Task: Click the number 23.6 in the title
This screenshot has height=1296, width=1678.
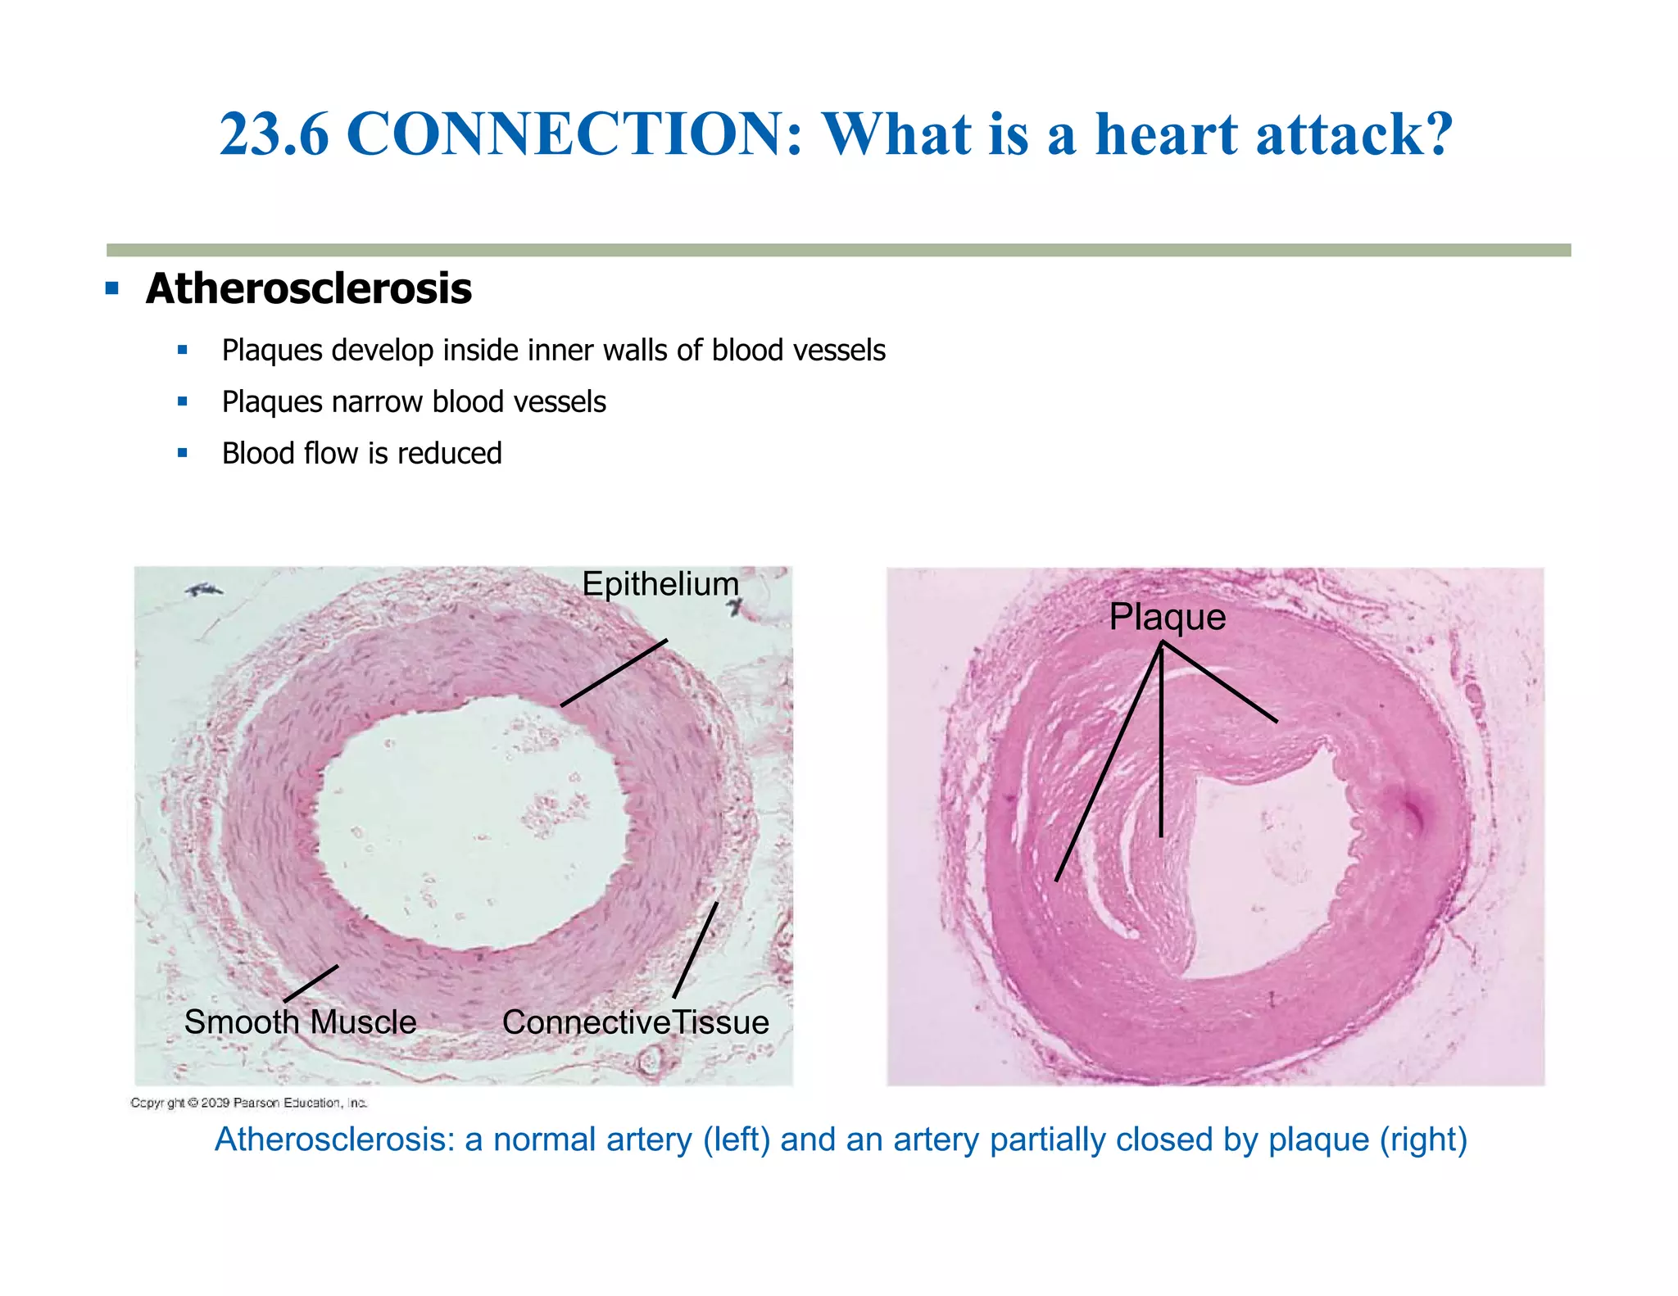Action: [x=274, y=134]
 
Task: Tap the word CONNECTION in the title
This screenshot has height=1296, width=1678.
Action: [x=574, y=134]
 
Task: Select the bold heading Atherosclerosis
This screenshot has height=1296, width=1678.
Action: [x=309, y=289]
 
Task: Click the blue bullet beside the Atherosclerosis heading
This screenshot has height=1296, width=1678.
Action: [x=112, y=288]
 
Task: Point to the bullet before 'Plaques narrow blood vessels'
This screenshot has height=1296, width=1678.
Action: [x=182, y=401]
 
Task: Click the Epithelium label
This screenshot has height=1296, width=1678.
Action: [x=660, y=584]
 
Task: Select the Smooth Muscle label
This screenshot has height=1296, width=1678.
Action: [x=300, y=1022]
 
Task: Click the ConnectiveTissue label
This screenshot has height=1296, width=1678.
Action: [x=636, y=1022]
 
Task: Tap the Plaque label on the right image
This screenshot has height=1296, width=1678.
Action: [x=1167, y=617]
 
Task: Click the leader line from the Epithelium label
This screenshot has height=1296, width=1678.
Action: [x=614, y=673]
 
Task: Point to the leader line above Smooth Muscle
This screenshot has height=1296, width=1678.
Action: [x=311, y=983]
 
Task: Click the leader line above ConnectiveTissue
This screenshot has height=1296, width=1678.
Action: [x=696, y=950]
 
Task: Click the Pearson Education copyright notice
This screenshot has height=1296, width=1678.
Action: [x=248, y=1103]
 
